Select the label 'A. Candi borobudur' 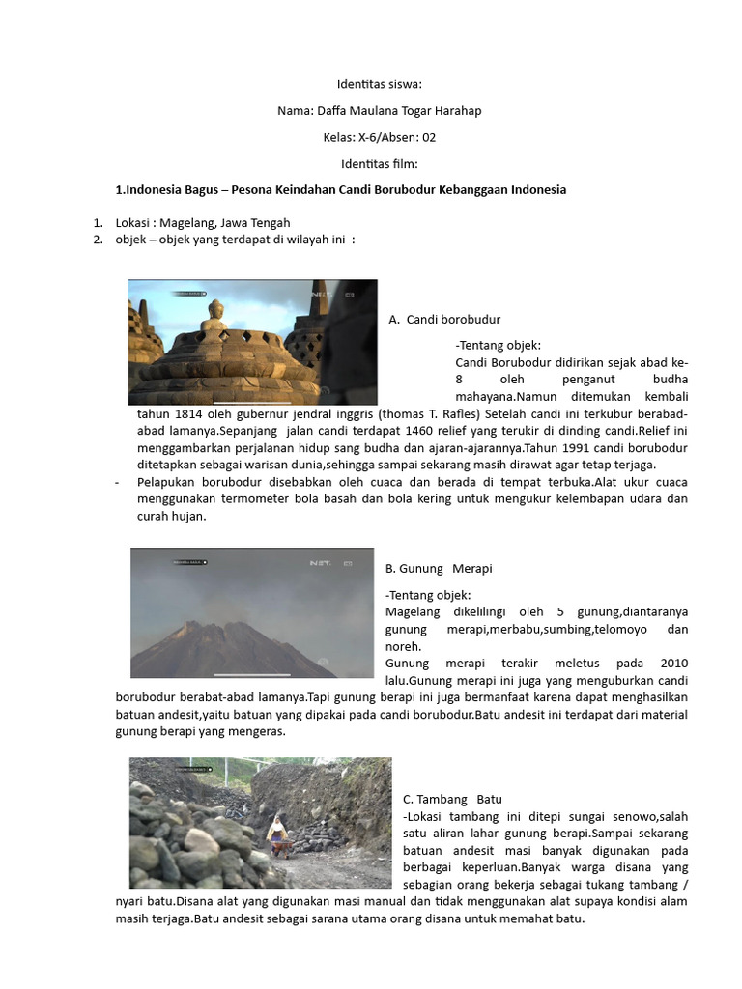coord(444,319)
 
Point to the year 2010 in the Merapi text coord(672,664)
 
